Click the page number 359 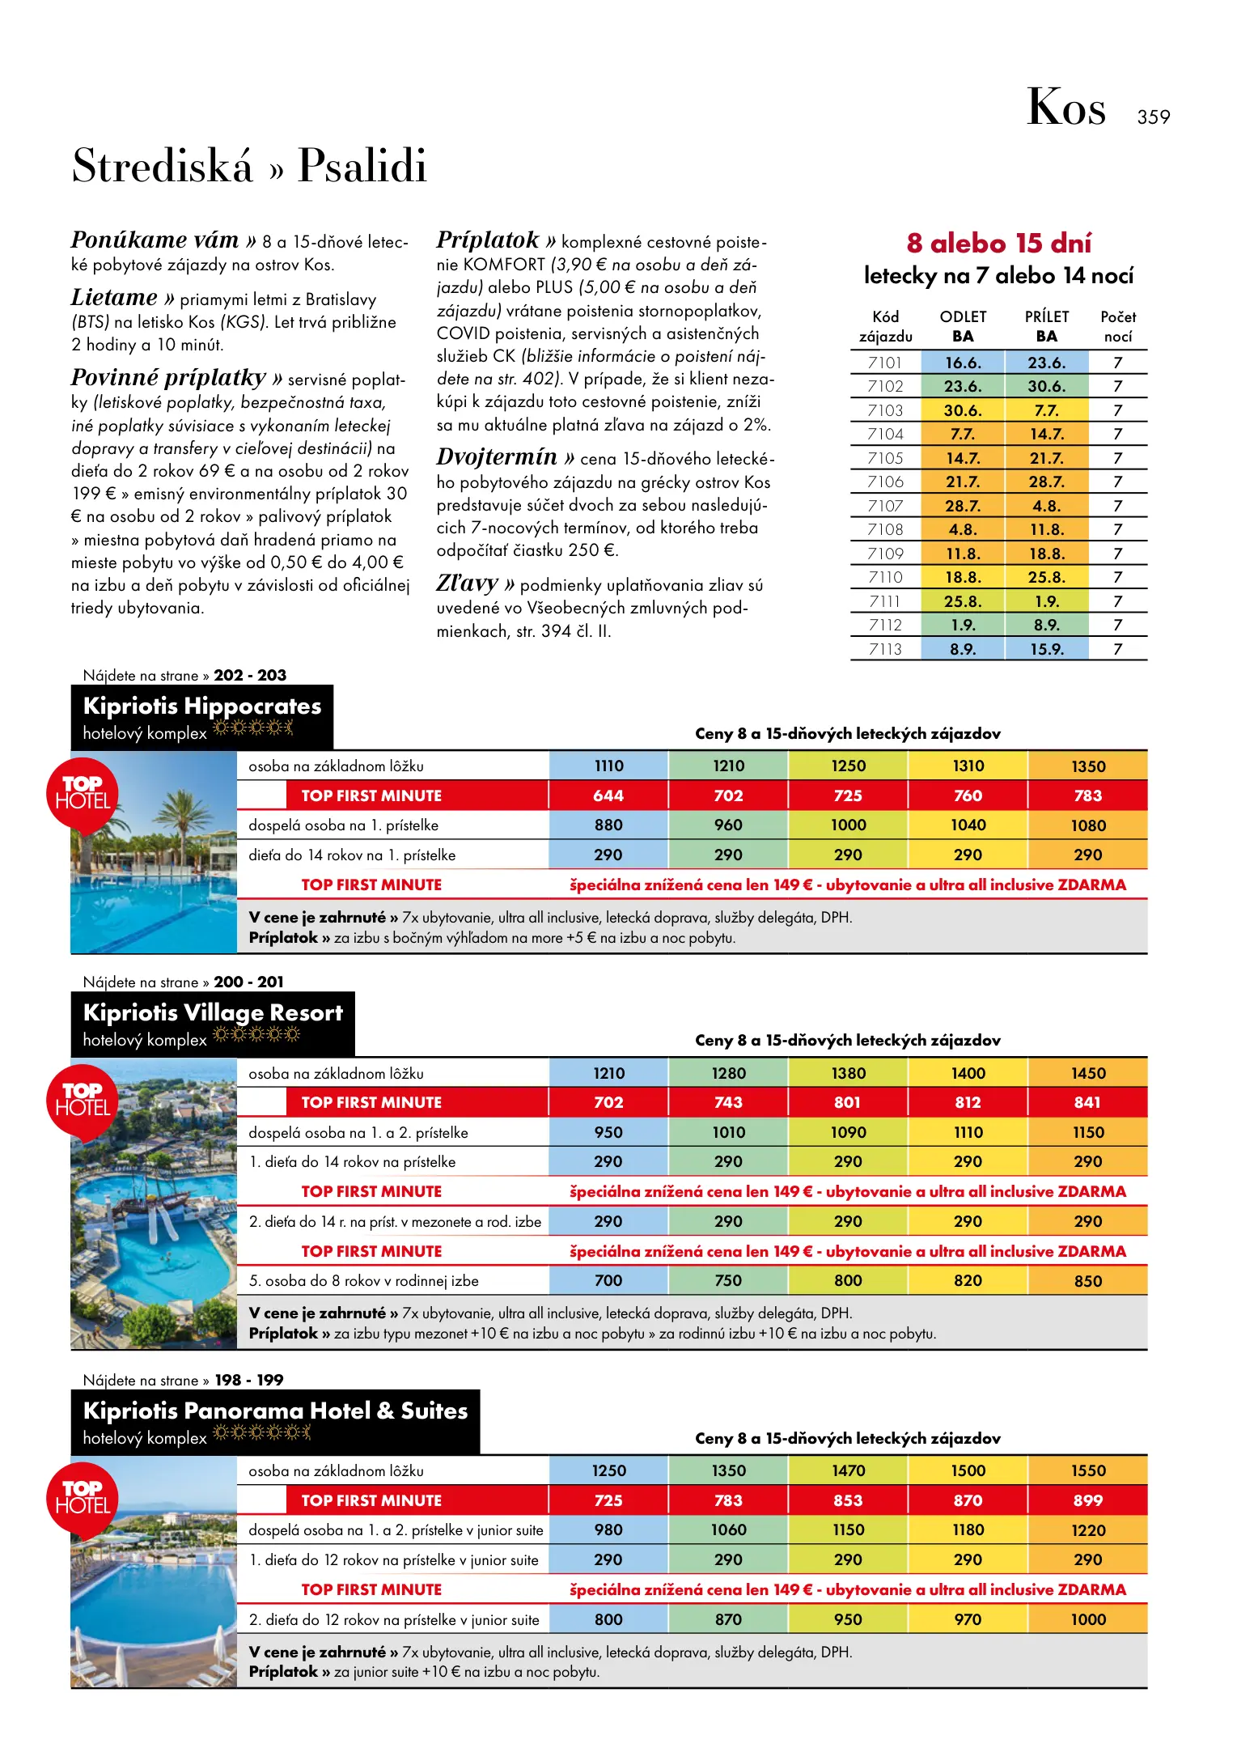[1153, 117]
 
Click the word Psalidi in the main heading [362, 166]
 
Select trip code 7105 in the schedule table [885, 458]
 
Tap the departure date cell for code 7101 [963, 363]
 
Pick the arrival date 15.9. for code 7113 [1046, 649]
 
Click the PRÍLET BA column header [1046, 326]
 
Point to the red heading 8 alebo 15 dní [998, 243]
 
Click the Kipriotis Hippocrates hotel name [202, 706]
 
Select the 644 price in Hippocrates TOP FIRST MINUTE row [608, 796]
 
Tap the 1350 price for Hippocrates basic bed [1087, 766]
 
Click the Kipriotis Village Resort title [213, 1013]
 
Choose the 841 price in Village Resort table [1087, 1102]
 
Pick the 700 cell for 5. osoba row [608, 1280]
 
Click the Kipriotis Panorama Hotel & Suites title [275, 1411]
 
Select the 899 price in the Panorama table [1087, 1500]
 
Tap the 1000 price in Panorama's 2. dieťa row [1087, 1619]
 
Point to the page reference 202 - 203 [250, 675]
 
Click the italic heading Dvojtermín [497, 457]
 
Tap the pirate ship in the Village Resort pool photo [154, 1206]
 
